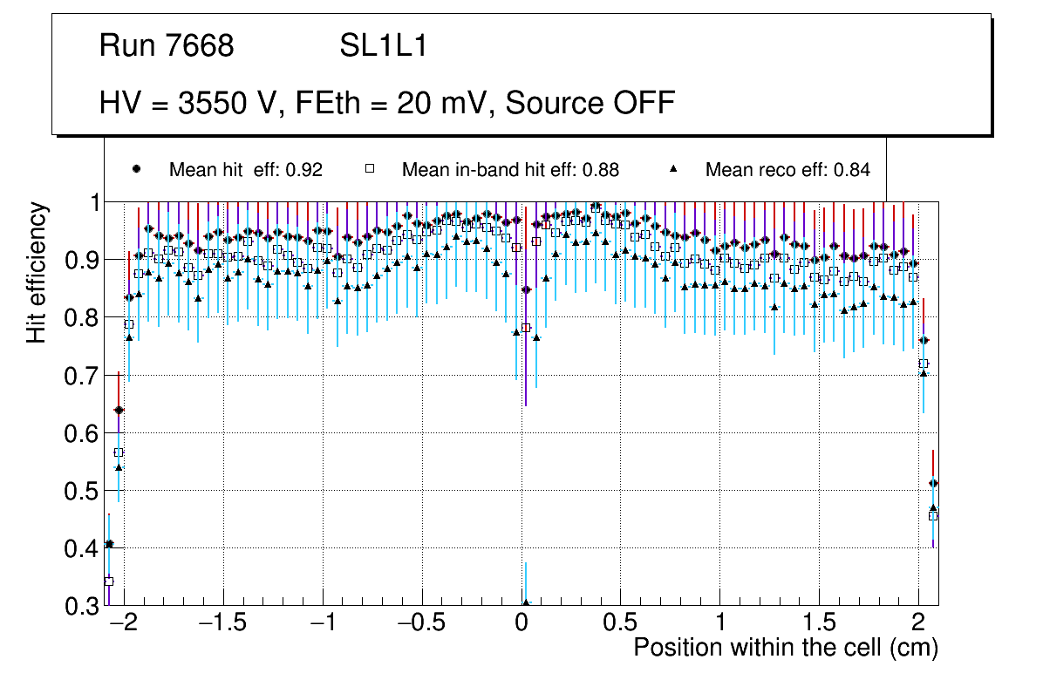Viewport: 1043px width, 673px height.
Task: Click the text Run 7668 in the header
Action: [167, 46]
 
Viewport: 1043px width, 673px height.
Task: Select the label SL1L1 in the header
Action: [384, 46]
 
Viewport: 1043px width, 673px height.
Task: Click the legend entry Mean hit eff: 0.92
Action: [245, 170]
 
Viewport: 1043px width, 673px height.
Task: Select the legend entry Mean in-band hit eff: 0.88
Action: [510, 170]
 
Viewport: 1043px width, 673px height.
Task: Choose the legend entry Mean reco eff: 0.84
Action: [787, 170]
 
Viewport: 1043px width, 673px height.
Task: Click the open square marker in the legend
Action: [369, 169]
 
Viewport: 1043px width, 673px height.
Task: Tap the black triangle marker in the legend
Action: [674, 169]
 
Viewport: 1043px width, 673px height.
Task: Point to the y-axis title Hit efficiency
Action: [37, 272]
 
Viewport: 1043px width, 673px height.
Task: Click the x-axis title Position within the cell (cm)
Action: [785, 648]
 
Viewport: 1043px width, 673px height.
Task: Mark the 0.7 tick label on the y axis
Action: [83, 376]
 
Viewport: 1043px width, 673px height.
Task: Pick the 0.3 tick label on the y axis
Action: [83, 606]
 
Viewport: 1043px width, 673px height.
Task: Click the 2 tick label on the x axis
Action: [917, 624]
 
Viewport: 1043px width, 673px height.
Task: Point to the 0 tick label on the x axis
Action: [521, 624]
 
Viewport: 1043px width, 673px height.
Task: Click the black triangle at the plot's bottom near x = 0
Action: [526, 602]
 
